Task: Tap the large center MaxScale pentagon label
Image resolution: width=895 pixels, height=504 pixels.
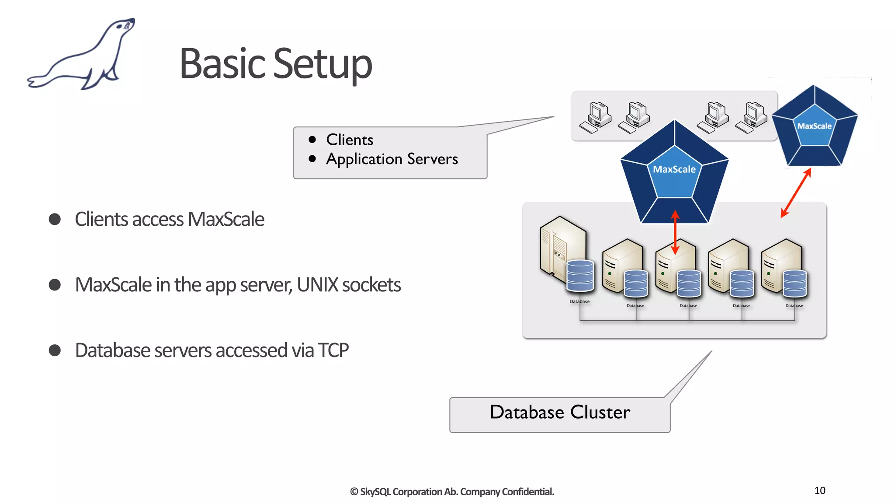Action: [674, 169]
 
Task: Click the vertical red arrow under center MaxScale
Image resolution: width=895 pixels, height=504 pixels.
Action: [675, 232]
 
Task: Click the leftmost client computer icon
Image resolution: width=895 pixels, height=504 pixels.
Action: [595, 117]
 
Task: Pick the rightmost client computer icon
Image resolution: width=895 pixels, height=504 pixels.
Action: [752, 117]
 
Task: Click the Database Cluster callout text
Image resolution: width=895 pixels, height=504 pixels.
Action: [560, 412]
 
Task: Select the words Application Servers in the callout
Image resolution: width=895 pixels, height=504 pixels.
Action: [392, 159]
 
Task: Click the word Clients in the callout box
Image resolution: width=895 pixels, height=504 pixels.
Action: [350, 140]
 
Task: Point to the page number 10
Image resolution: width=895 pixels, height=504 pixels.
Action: [820, 490]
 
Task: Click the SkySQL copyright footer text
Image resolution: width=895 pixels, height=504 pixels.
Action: [452, 492]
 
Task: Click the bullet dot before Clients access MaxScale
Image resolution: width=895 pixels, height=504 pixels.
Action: [55, 219]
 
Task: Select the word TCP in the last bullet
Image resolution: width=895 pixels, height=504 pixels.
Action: [333, 350]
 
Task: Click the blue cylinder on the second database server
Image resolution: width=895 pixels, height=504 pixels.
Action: [636, 283]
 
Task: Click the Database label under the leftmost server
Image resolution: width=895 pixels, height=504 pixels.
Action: [579, 301]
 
